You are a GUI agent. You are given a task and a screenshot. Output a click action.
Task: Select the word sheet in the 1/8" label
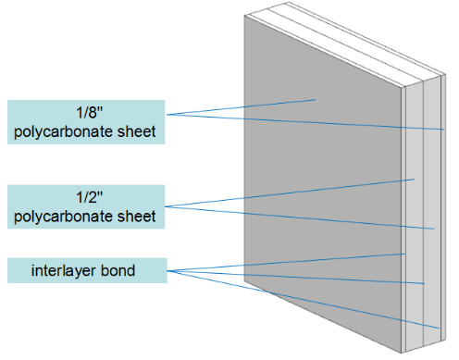[x=140, y=132]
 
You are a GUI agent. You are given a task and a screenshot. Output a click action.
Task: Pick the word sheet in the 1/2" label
[x=140, y=217]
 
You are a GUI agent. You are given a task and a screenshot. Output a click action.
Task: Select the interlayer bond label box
[x=86, y=271]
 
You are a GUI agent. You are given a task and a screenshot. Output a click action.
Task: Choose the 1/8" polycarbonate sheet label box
[x=86, y=122]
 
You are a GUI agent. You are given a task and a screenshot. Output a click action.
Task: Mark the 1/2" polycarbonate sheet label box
[x=86, y=207]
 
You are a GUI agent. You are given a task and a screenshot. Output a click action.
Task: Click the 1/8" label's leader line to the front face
[x=241, y=106]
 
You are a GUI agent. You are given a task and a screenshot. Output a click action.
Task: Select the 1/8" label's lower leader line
[x=305, y=121]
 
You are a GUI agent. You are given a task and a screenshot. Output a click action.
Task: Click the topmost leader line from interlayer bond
[x=287, y=262]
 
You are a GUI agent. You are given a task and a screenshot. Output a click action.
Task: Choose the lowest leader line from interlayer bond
[x=305, y=301]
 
